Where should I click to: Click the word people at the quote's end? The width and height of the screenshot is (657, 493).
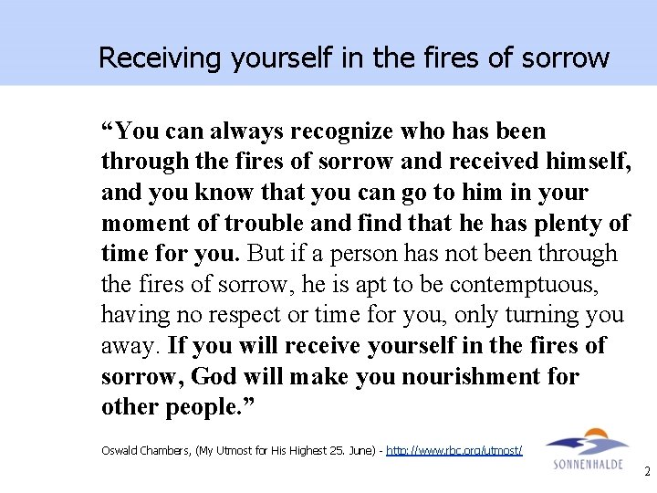click(x=202, y=408)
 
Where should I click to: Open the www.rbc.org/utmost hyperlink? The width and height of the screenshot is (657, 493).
click(x=454, y=450)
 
